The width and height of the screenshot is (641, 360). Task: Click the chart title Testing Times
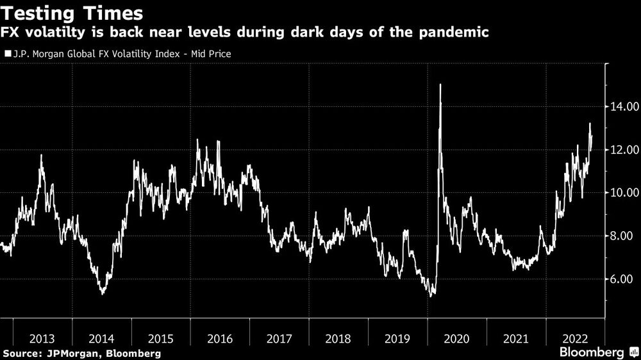click(x=72, y=13)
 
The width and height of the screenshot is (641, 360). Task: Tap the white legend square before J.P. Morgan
click(x=7, y=54)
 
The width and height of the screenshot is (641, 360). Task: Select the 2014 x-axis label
click(x=101, y=338)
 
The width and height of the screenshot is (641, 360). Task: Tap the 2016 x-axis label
click(x=220, y=338)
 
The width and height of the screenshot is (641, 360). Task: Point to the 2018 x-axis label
click(x=338, y=338)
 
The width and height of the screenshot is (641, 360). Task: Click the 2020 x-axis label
click(x=457, y=338)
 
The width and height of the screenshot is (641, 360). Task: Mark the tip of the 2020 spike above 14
click(x=440, y=85)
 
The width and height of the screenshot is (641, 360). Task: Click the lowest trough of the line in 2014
click(x=103, y=294)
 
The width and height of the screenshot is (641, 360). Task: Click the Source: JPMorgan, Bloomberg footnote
click(x=81, y=353)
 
